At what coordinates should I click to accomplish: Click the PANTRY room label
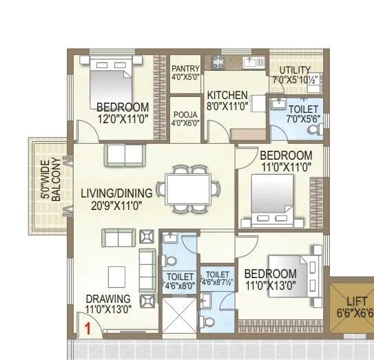click(x=185, y=68)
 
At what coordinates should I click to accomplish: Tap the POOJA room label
click(x=185, y=114)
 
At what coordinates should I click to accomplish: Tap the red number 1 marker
click(x=88, y=328)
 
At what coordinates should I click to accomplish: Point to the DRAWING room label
click(x=108, y=299)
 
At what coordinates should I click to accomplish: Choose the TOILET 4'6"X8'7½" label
click(x=218, y=277)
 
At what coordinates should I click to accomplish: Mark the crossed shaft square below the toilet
click(x=178, y=321)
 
